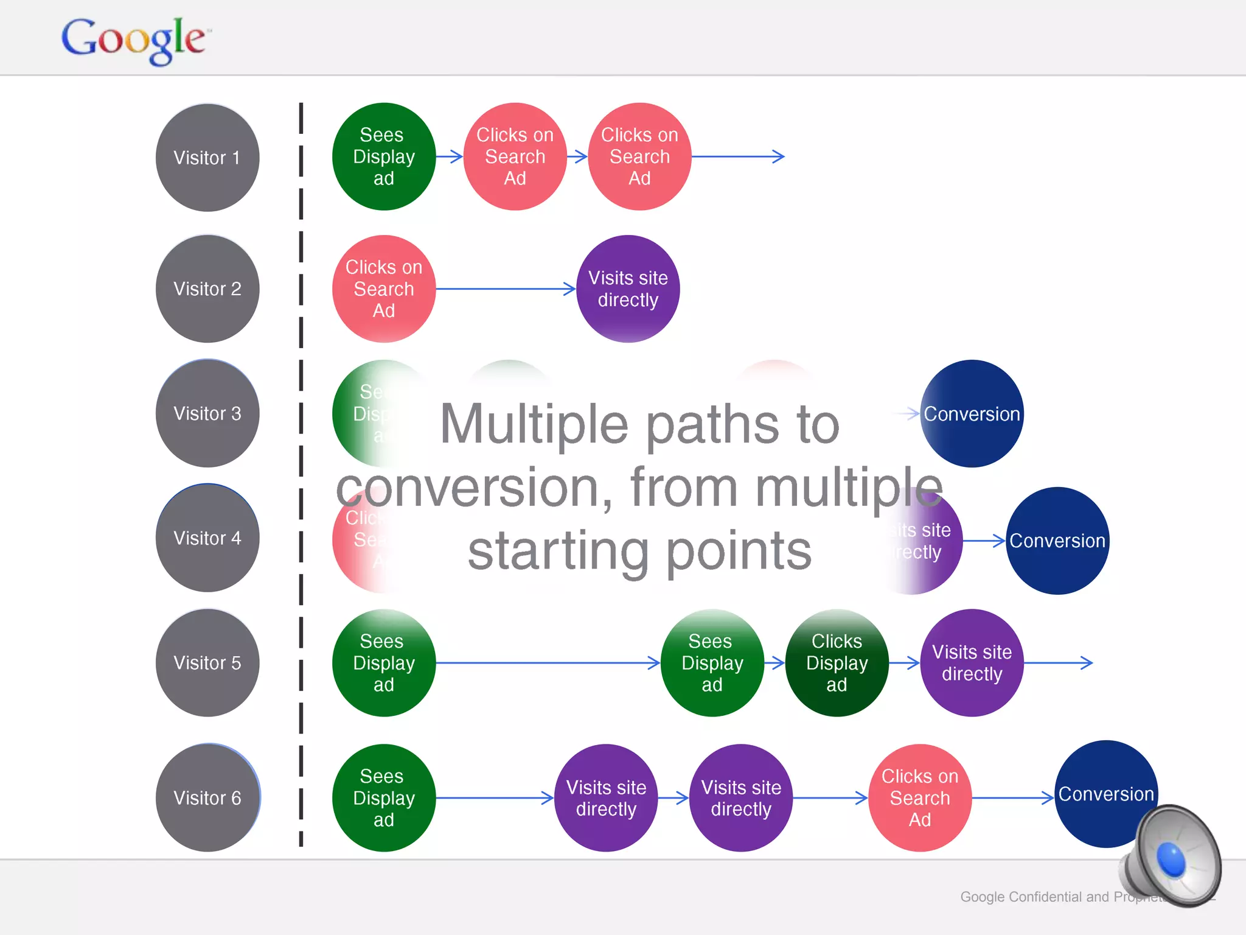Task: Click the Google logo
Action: coord(134,40)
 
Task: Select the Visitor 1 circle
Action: coord(207,158)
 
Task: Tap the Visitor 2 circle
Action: coord(207,289)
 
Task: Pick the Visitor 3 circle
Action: coord(207,413)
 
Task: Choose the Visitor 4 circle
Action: coord(207,538)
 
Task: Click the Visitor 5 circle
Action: coord(207,663)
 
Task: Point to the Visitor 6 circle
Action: coord(207,797)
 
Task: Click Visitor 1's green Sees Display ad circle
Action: coord(384,156)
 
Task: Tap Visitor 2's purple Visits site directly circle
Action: coord(628,289)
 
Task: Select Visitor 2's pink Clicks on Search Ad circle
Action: coord(384,289)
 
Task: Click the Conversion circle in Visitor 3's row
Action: coord(972,413)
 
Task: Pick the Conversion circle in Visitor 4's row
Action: coord(1057,541)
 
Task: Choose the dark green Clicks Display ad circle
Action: coord(837,663)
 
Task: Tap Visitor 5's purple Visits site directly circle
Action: coord(972,663)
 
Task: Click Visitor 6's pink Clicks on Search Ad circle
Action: coord(920,797)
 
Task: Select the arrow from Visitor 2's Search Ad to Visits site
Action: coord(505,289)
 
